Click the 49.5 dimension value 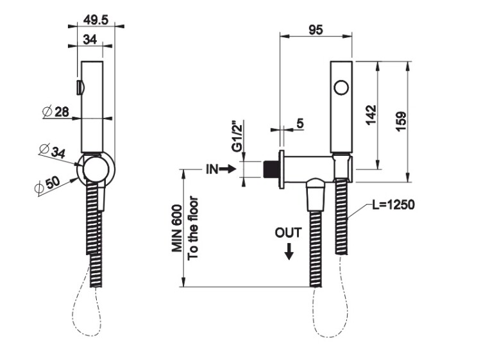click(91, 21)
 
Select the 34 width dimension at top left click(90, 40)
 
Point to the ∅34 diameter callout click(52, 151)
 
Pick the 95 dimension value click(315, 31)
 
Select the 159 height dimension click(401, 120)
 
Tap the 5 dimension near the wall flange click(300, 124)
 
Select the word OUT click(288, 232)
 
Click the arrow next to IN click(228, 169)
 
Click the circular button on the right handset click(341, 86)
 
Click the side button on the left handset click(79, 87)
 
